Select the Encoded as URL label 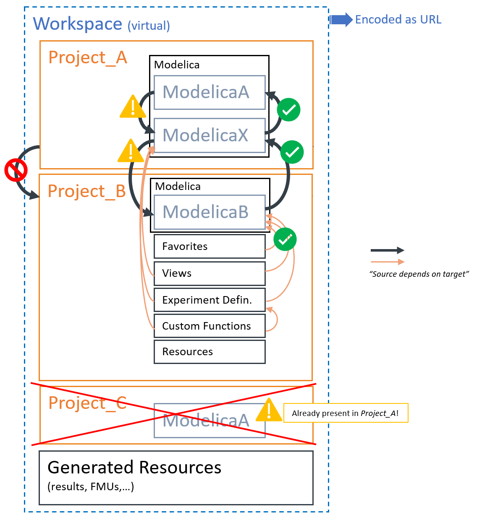pyautogui.click(x=398, y=20)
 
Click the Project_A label pyautogui.click(x=88, y=57)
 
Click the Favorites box pyautogui.click(x=209, y=247)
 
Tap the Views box pyautogui.click(x=209, y=273)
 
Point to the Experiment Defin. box pyautogui.click(x=209, y=300)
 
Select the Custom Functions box pyautogui.click(x=209, y=326)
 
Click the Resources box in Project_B pyautogui.click(x=209, y=352)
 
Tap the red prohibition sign pyautogui.click(x=16, y=170)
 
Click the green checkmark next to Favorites pyautogui.click(x=285, y=239)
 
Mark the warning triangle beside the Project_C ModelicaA pyautogui.click(x=269, y=411)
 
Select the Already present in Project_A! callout pyautogui.click(x=346, y=413)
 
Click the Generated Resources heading pyautogui.click(x=134, y=468)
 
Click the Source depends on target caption pyautogui.click(x=419, y=274)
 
